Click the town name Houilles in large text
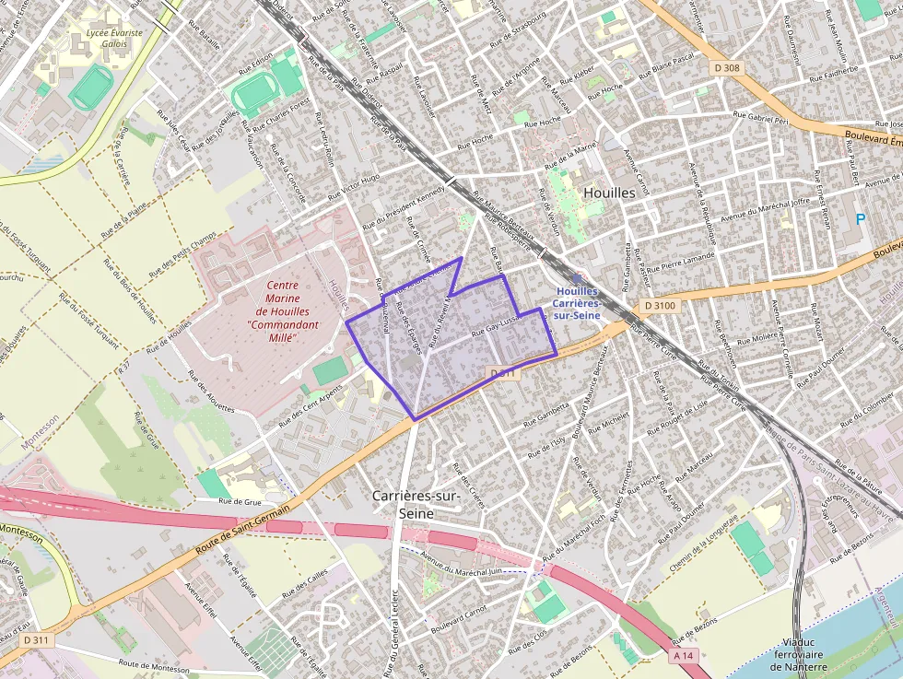(x=609, y=193)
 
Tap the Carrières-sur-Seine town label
(x=416, y=504)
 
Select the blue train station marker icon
(x=577, y=277)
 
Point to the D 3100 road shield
(x=660, y=305)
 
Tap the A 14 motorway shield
(x=683, y=655)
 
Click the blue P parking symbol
(x=861, y=219)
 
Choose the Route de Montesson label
(x=153, y=666)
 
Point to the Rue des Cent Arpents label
(x=311, y=401)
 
